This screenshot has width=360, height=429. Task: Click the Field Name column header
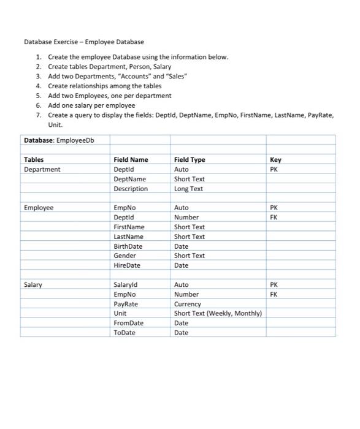pyautogui.click(x=131, y=159)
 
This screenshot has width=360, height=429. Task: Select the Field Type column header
pyautogui.click(x=190, y=159)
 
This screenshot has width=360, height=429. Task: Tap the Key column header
pyautogui.click(x=275, y=159)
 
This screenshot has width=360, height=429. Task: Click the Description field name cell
pyautogui.click(x=131, y=189)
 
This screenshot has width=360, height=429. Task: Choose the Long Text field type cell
pyautogui.click(x=188, y=189)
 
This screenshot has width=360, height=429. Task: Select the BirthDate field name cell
pyautogui.click(x=128, y=246)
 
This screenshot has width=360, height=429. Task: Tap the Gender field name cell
pyautogui.click(x=124, y=256)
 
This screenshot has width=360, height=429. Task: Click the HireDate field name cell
pyautogui.click(x=127, y=265)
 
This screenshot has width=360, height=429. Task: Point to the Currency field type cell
pyautogui.click(x=187, y=304)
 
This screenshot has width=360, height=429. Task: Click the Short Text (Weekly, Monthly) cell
pyautogui.click(x=218, y=313)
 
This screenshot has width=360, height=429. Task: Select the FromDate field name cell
pyautogui.click(x=128, y=323)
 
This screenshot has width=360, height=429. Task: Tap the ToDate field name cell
pyautogui.click(x=124, y=333)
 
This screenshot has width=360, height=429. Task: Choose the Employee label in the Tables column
pyautogui.click(x=38, y=208)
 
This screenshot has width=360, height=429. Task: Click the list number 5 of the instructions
pyautogui.click(x=38, y=96)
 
